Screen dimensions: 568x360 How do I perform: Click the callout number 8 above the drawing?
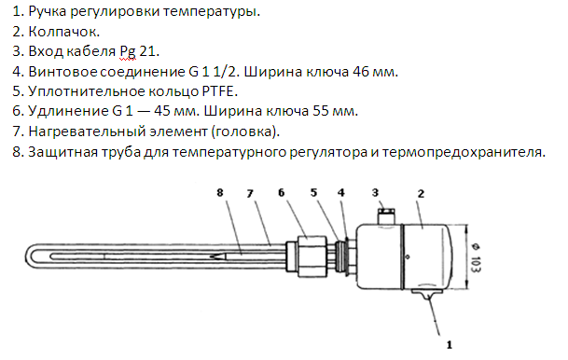(220, 192)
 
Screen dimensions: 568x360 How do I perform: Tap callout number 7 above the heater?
(250, 194)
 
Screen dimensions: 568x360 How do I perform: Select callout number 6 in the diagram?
(282, 192)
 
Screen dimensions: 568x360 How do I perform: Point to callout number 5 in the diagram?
(313, 192)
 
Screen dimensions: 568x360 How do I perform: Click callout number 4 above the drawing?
(340, 192)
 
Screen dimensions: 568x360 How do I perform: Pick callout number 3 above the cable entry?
(375, 192)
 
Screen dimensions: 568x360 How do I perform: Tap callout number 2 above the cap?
(421, 194)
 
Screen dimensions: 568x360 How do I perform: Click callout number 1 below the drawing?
(450, 345)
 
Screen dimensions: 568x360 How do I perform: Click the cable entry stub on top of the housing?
(386, 215)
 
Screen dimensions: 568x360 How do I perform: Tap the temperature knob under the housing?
(428, 293)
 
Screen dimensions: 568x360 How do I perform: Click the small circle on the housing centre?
(408, 256)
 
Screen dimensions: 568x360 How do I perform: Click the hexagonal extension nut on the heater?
(312, 256)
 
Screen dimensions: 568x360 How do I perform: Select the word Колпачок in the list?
(63, 32)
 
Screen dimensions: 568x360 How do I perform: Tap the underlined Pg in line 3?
(128, 52)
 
